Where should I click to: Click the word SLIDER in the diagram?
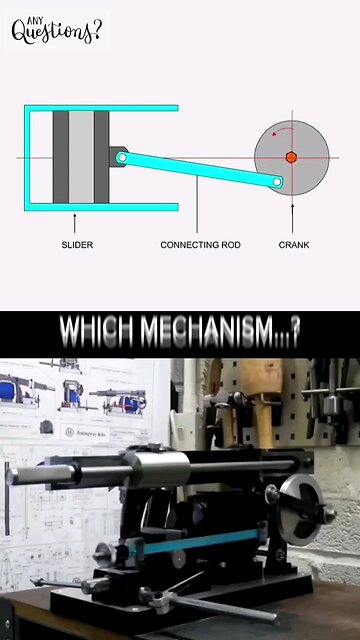coord(77,244)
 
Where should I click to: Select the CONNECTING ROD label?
coord(200,244)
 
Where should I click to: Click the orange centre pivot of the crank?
coord(291,157)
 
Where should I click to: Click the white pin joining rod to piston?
coord(121,157)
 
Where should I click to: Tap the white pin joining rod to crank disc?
coord(279,182)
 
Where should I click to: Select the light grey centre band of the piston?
coord(81,157)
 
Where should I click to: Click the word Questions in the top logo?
coord(57,32)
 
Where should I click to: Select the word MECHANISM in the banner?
coord(212,329)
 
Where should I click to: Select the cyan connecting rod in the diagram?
coord(200,169)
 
